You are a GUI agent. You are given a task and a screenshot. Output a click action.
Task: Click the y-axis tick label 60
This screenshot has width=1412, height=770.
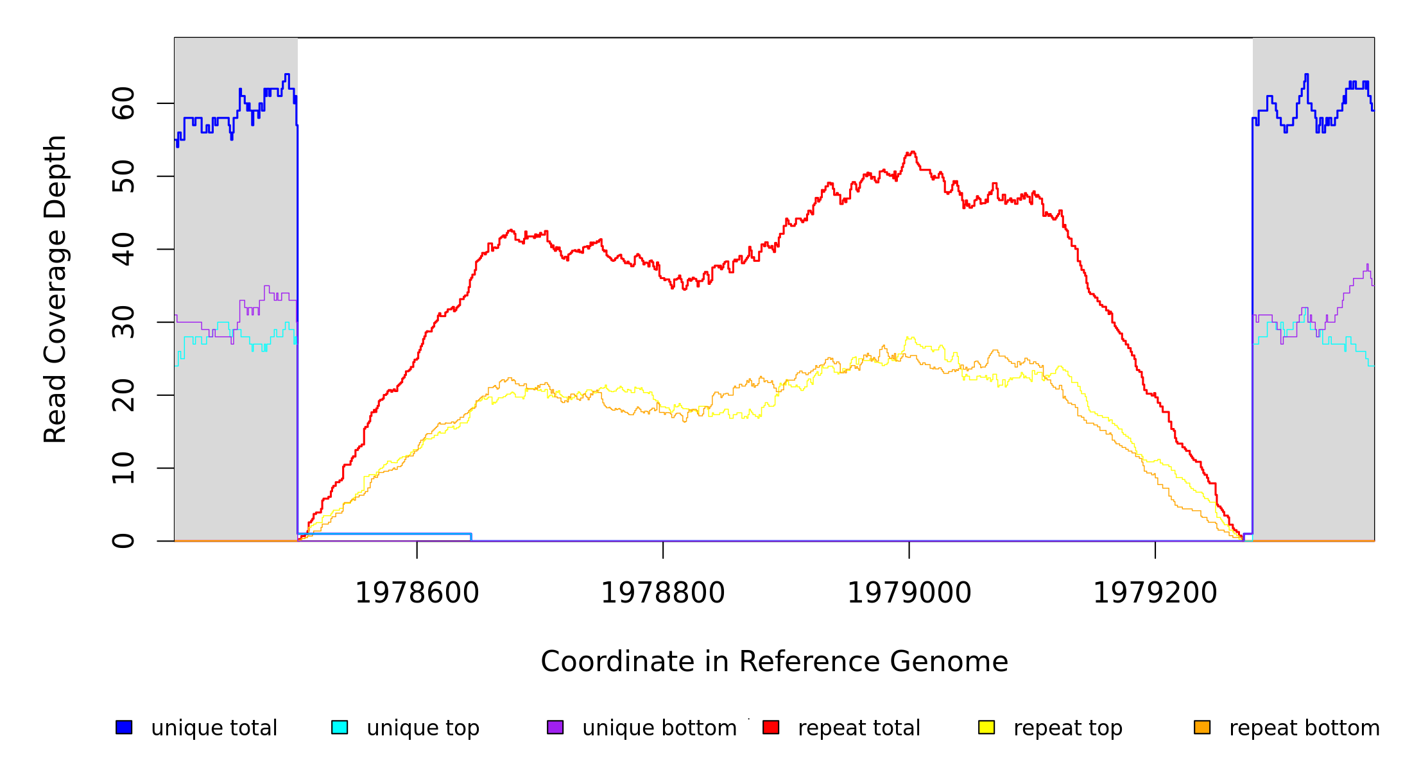tap(123, 103)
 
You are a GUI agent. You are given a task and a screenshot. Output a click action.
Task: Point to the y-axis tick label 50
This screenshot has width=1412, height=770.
tap(123, 176)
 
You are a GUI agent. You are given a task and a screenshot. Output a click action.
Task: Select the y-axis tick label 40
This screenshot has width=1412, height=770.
tap(123, 249)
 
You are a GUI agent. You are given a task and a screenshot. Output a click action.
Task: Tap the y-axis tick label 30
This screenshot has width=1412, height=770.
tap(123, 322)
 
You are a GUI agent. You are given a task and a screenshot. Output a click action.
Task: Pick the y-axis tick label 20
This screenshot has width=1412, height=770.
tap(123, 395)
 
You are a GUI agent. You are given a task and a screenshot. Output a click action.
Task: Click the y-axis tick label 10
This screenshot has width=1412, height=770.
tap(123, 468)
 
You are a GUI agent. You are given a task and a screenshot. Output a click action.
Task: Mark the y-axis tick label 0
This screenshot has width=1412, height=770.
tap(123, 541)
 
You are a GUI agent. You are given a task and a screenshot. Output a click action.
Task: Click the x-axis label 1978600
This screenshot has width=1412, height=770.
tap(417, 593)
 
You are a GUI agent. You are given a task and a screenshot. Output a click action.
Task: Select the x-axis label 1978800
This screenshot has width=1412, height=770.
tap(663, 593)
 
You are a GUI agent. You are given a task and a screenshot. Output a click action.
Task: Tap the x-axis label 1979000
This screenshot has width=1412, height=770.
tap(909, 593)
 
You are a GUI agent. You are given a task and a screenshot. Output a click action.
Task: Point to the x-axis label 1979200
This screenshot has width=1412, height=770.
tap(1155, 593)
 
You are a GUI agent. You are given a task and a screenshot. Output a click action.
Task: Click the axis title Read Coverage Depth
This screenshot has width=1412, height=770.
tap(55, 289)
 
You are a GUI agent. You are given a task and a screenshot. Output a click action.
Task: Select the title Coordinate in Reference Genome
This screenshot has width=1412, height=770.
tap(774, 662)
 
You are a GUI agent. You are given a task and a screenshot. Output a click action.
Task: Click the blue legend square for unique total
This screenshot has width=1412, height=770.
tap(124, 727)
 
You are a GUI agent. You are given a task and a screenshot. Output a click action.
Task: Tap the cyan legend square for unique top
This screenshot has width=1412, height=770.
tap(340, 727)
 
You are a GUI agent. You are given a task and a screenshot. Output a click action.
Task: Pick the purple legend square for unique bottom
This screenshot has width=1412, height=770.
tap(555, 727)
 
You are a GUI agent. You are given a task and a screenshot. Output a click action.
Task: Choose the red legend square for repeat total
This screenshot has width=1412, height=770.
tap(771, 727)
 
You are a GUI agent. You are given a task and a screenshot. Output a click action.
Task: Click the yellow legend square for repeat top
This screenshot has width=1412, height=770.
tap(986, 727)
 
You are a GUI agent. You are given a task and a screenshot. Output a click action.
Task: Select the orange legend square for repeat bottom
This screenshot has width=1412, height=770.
tap(1202, 727)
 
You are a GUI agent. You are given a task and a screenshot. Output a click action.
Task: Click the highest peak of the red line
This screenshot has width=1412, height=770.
tap(912, 152)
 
